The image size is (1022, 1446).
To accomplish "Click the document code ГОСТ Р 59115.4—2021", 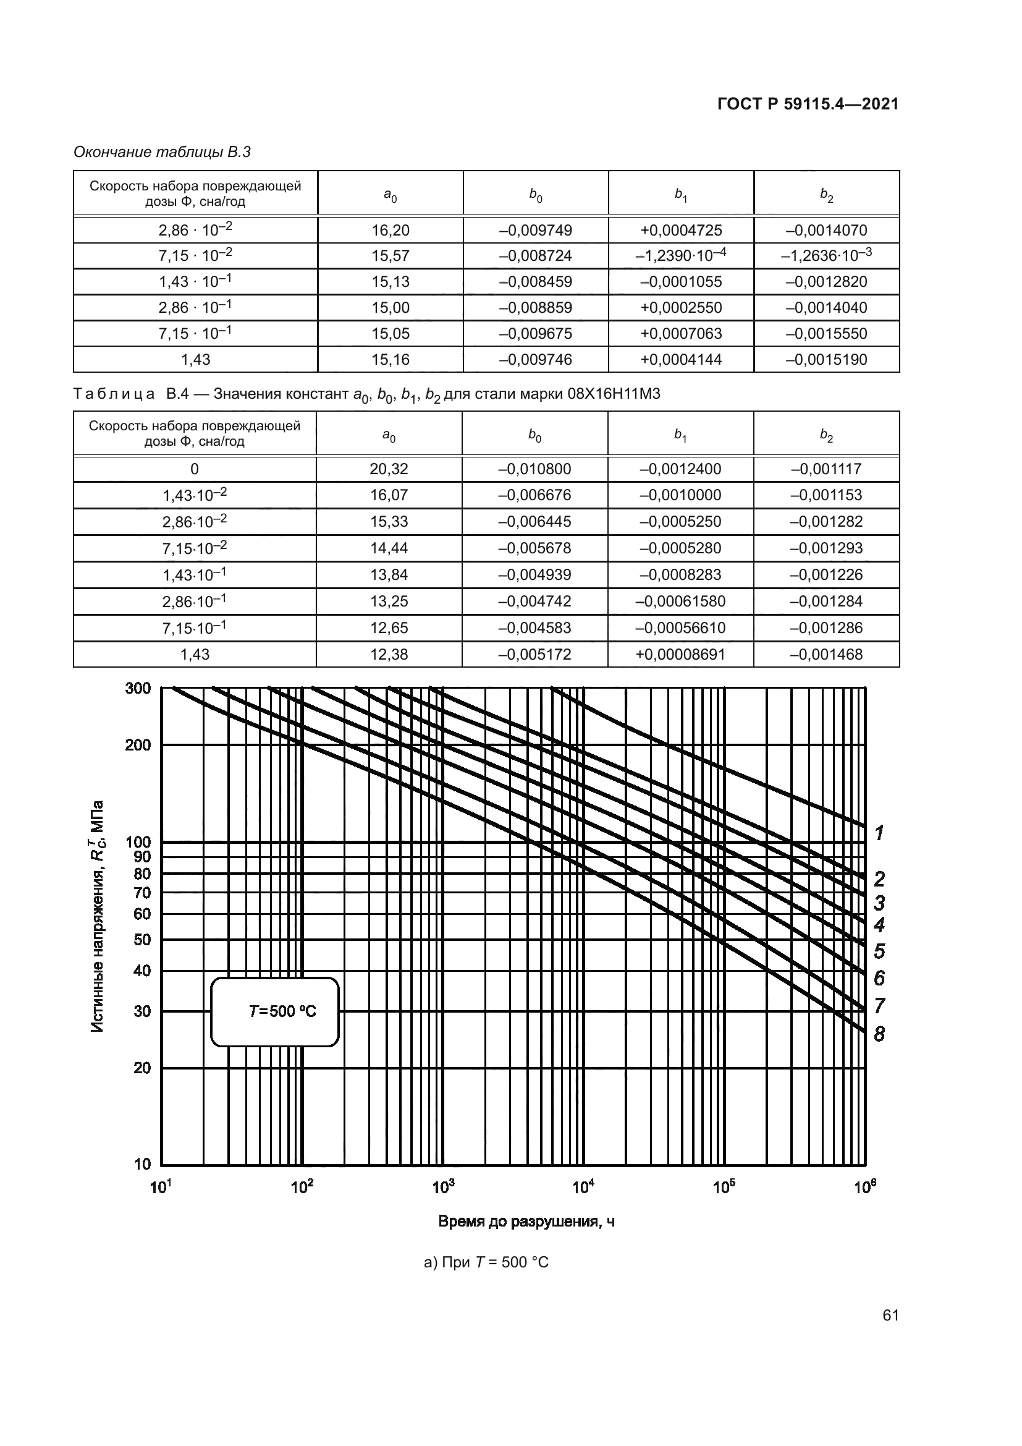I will pos(808,104).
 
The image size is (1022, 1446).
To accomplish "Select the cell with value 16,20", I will pos(390,231).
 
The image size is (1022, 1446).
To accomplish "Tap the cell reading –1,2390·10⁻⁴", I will pos(681,256).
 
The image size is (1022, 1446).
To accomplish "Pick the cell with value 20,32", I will pos(389,469).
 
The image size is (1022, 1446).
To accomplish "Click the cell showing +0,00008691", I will pos(680,654).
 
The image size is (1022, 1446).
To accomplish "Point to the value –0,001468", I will pos(826,654).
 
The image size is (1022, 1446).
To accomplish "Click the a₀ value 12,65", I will pos(389,628).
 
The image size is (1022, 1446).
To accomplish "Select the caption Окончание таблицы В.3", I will pos(163,152).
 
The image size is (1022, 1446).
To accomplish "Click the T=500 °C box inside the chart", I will pos(275,1011).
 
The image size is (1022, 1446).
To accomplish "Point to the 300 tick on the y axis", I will pos(138,687).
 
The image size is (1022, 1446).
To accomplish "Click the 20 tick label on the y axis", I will pos(142,1068).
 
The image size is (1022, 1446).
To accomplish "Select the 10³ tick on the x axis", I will pos(443,1187).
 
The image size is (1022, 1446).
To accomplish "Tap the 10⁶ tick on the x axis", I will pos(865,1187).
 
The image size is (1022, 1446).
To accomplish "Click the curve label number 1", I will pos(880,833).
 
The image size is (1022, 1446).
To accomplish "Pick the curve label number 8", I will pos(879,1034).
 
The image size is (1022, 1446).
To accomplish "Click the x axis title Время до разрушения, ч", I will pos(526,1222).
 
